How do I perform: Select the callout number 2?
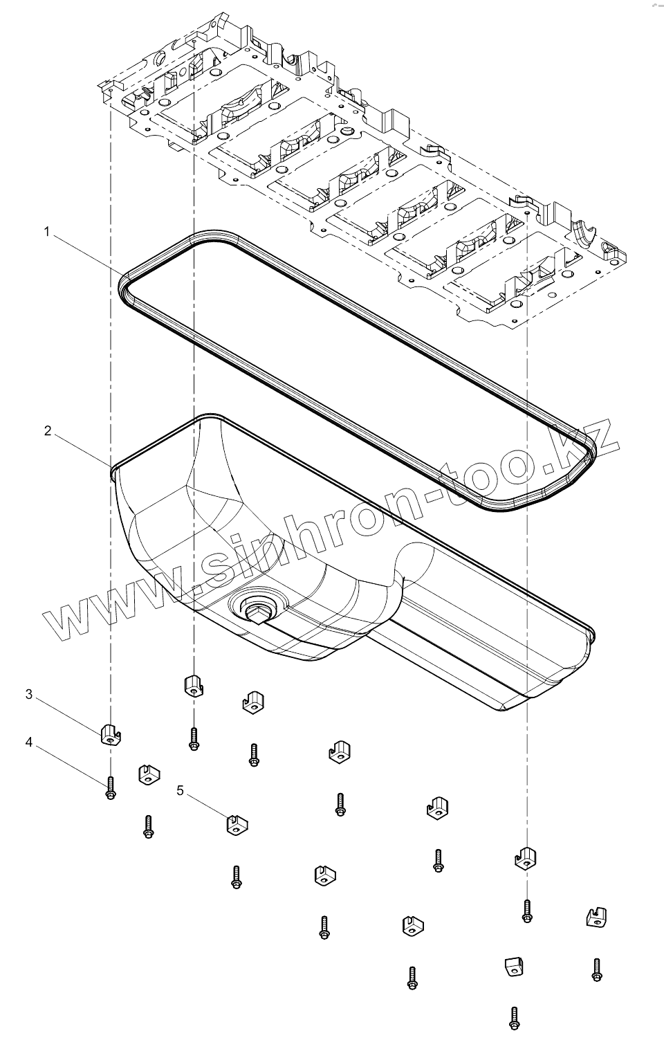[47, 430]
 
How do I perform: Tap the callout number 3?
[29, 694]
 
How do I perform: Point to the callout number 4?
[29, 742]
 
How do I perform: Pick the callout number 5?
[181, 790]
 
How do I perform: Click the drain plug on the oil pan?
[253, 609]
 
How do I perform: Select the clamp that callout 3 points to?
[111, 734]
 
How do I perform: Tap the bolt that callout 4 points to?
[111, 787]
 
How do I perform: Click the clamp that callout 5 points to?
[237, 824]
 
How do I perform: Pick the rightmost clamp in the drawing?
[596, 917]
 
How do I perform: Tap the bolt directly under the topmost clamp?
[194, 738]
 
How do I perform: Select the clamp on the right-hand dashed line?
[525, 858]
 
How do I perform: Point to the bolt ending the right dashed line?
[527, 910]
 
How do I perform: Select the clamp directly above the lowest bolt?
[513, 966]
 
